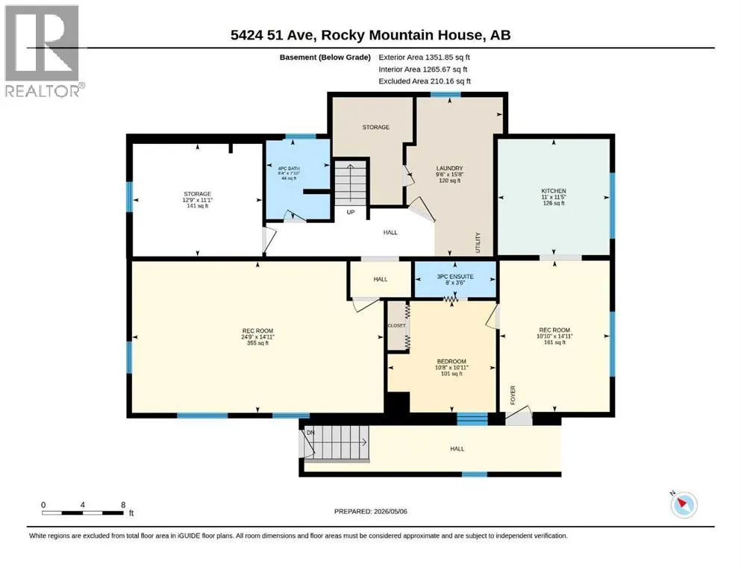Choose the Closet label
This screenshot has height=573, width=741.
coord(396,325)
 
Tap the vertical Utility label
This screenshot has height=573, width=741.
coord(478,242)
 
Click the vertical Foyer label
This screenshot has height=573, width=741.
coord(513,395)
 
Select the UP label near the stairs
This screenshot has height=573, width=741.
coord(351,212)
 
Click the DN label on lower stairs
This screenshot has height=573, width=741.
coord(310,433)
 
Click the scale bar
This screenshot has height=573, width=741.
coord(83,513)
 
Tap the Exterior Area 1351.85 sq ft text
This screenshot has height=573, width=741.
coord(424,57)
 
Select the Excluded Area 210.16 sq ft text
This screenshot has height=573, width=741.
coord(425,81)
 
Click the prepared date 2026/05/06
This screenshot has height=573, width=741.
coord(390,511)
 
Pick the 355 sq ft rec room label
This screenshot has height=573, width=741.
coord(257,343)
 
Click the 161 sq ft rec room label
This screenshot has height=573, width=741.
coord(554,342)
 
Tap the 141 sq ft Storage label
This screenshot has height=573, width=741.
coord(197,205)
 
